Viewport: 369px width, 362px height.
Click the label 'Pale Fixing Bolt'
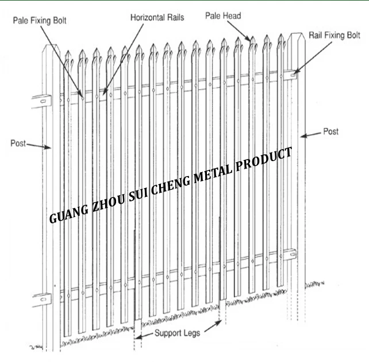[x=40, y=21]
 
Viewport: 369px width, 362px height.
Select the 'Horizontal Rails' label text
[x=157, y=17]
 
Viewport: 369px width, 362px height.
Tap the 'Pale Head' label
[x=224, y=16]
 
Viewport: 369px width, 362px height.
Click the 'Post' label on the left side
[x=18, y=143]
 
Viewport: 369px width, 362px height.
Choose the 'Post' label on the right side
[x=330, y=132]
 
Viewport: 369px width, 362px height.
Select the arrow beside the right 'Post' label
[x=311, y=135]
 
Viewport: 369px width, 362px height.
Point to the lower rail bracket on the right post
[x=291, y=253]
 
